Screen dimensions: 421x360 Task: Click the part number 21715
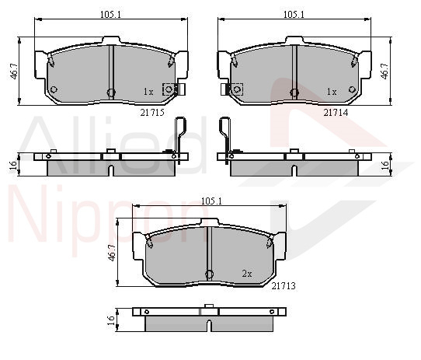pyautogui.click(x=152, y=112)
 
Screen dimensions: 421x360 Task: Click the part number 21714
pyautogui.click(x=336, y=113)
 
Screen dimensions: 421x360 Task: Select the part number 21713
pyautogui.click(x=284, y=286)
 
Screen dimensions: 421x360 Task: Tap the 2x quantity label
pyautogui.click(x=247, y=274)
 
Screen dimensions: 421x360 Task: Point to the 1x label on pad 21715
pyautogui.click(x=148, y=92)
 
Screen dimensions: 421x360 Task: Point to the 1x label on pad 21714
pyautogui.click(x=332, y=92)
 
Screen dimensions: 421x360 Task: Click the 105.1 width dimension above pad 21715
pyautogui.click(x=110, y=15)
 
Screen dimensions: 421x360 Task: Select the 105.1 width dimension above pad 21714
pyautogui.click(x=294, y=15)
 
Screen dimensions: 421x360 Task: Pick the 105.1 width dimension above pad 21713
pyautogui.click(x=211, y=201)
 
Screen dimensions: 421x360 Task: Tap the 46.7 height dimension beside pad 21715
pyautogui.click(x=14, y=72)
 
